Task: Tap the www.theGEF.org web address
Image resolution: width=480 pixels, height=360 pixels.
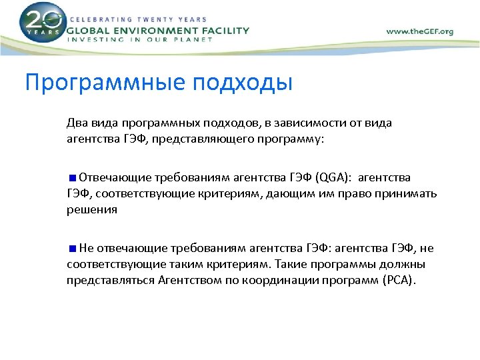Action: coord(419,31)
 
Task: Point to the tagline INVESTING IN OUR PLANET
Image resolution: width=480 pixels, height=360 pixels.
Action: coord(141,40)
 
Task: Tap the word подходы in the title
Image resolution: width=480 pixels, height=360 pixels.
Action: coord(243,83)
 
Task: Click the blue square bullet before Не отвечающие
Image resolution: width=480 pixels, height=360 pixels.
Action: coord(72,249)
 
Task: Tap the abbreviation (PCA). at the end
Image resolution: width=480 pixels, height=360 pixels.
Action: coord(399,280)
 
